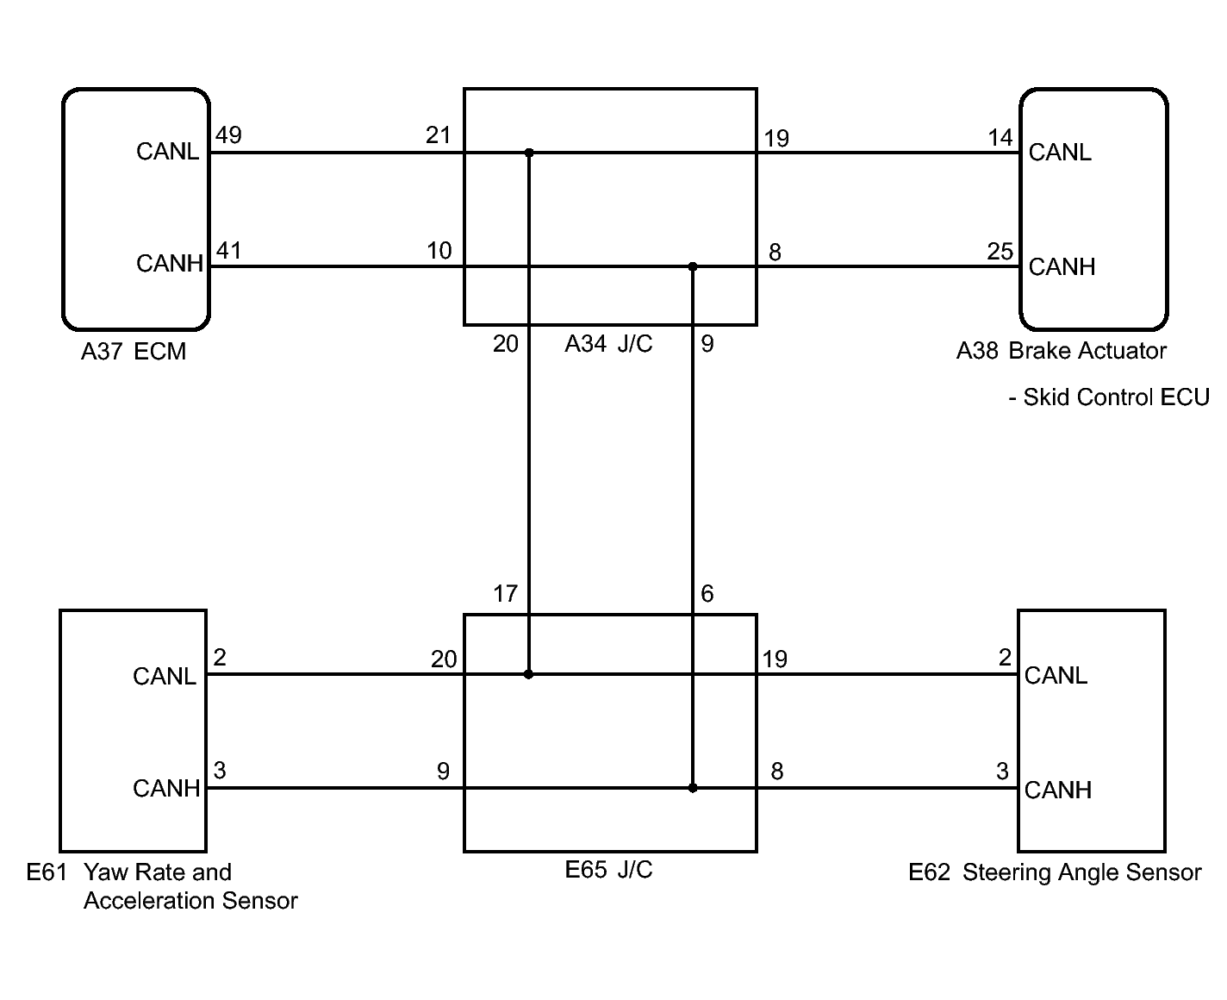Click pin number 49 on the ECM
228,135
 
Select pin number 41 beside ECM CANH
228,250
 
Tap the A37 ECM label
134,352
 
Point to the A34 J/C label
608,345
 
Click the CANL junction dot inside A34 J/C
529,153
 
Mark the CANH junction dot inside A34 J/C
693,266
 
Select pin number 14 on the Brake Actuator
1000,137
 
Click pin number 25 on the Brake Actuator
1000,252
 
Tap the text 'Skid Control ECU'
1116,397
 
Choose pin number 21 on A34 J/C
438,135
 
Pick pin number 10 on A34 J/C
439,250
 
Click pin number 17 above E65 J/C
505,594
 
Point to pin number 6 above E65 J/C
707,594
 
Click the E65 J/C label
608,870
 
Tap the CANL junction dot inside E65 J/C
529,674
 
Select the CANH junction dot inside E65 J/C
693,788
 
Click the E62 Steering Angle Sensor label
1055,872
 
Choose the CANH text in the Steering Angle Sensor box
1058,790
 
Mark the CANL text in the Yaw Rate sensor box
165,676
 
